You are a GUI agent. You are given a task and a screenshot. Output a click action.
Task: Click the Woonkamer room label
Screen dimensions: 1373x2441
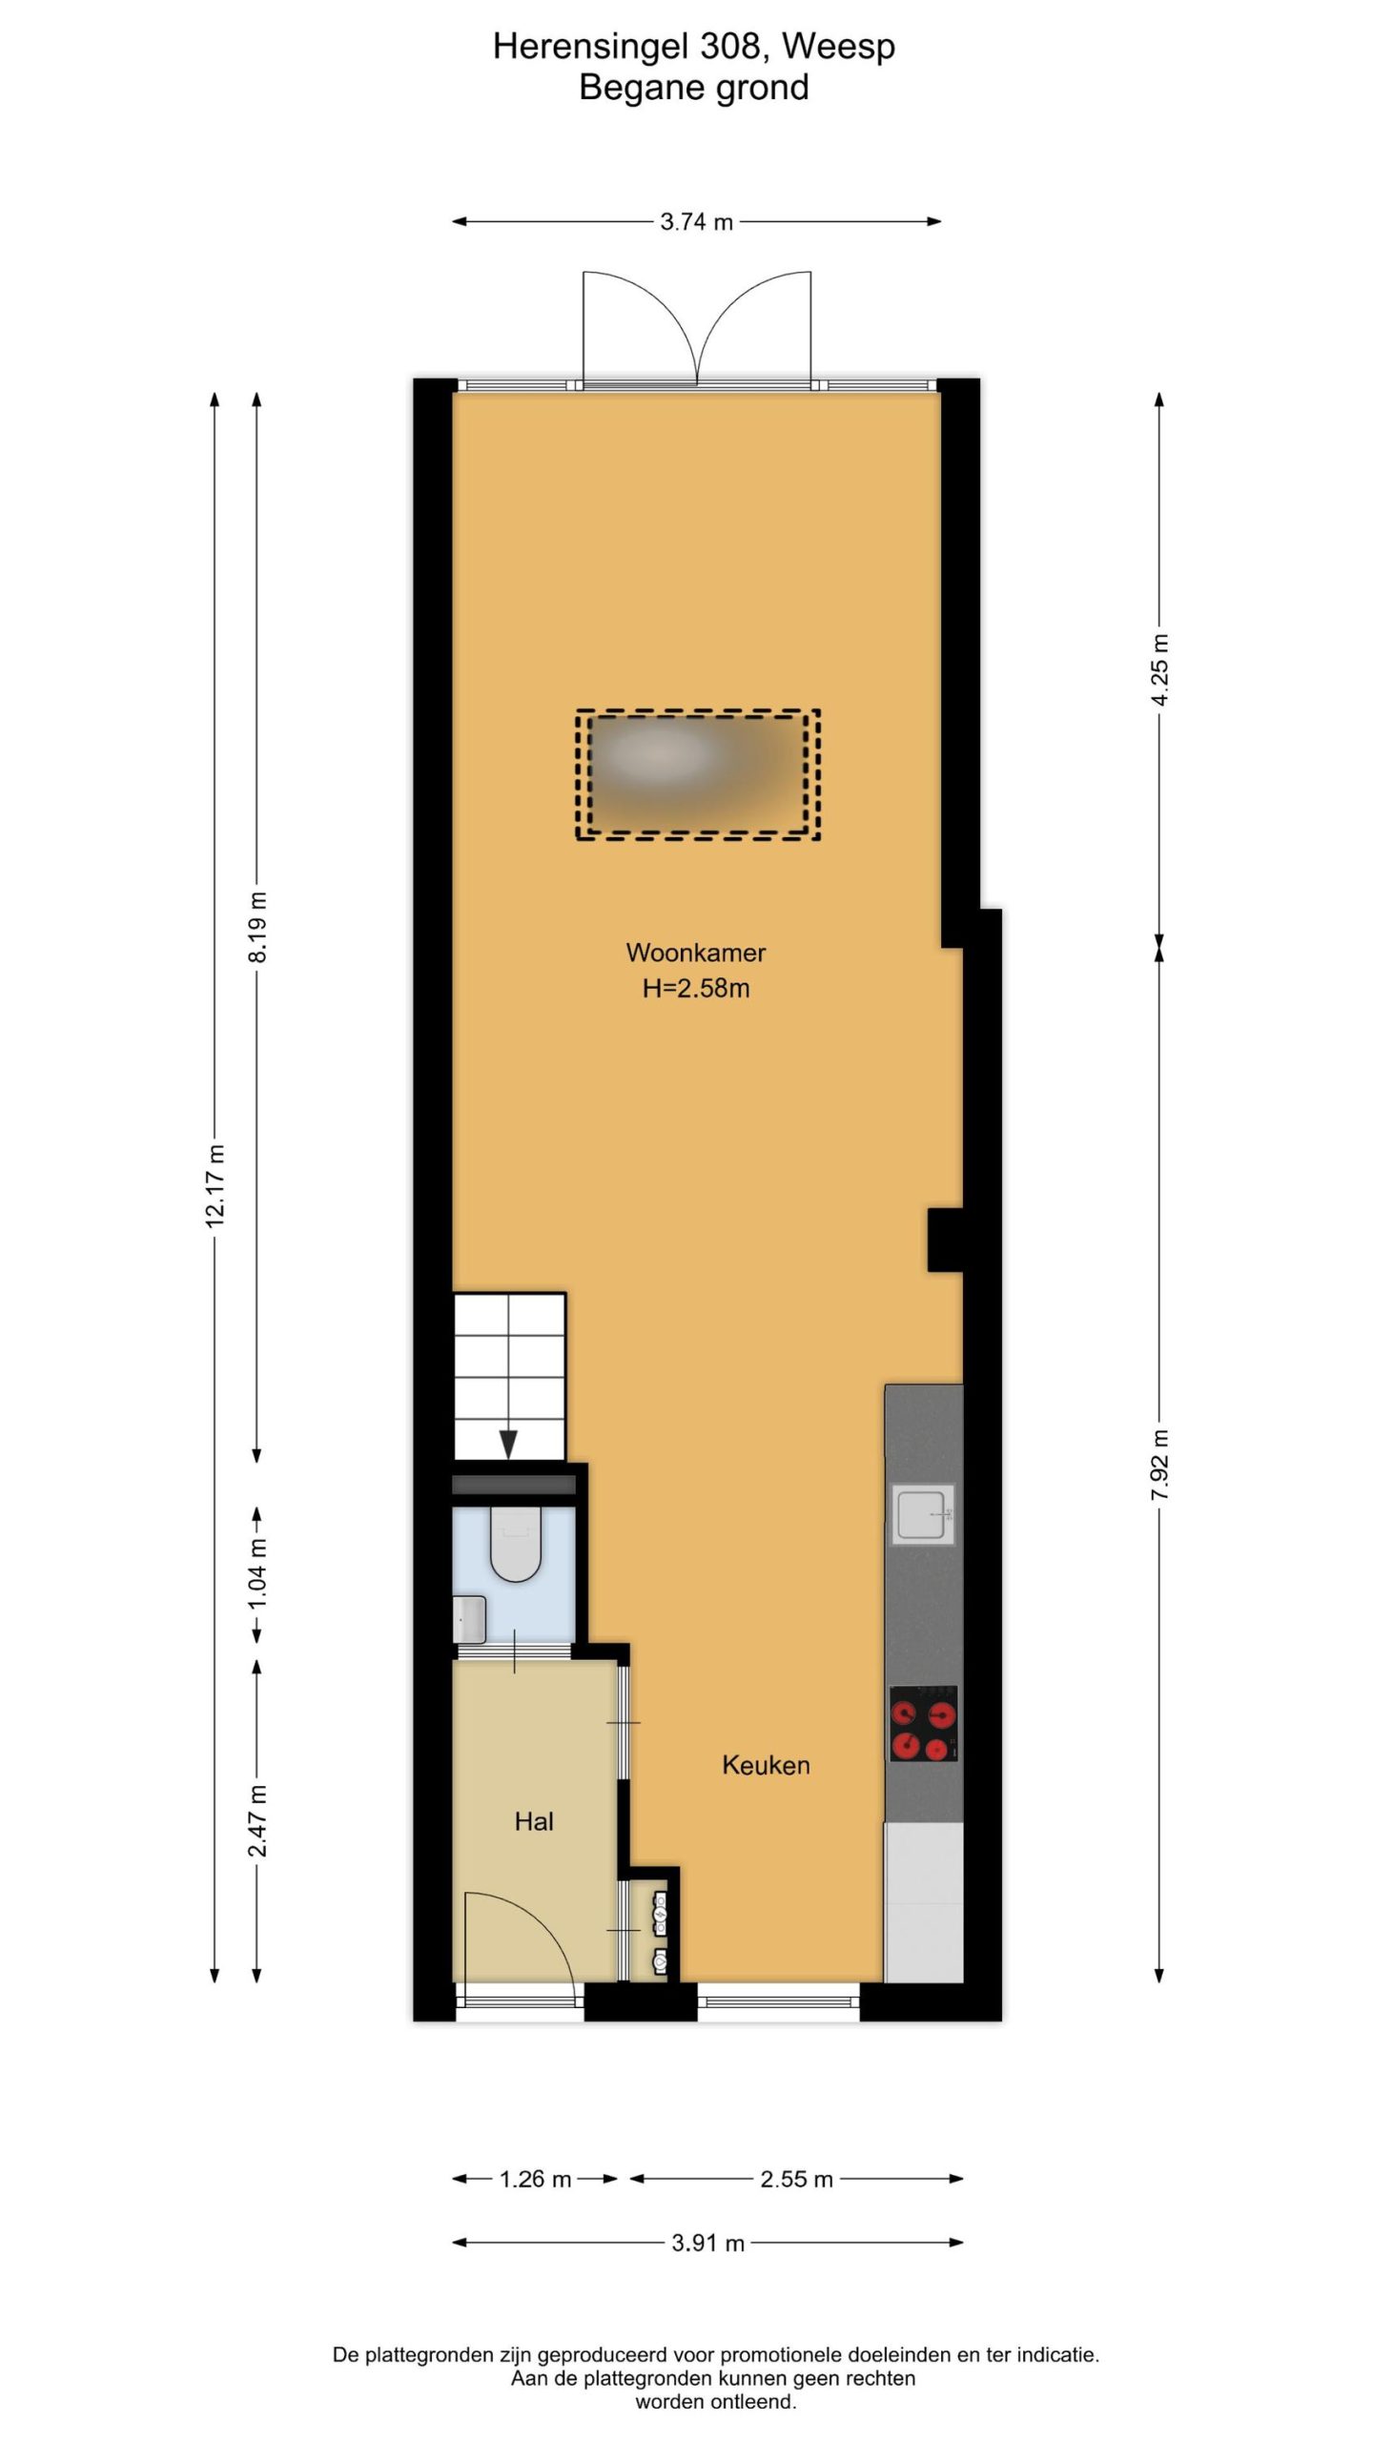coord(695,953)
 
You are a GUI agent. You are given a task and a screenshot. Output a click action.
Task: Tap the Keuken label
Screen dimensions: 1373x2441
coord(766,1765)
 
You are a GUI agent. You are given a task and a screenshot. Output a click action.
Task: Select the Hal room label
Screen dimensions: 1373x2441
coord(534,1821)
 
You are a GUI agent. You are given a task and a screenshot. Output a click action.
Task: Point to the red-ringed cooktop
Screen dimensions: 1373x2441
coord(923,1723)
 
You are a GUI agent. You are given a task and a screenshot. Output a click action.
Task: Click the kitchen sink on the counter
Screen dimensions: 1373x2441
coord(923,1514)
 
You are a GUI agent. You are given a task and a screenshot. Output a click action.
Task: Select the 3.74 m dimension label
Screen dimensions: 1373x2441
coord(696,222)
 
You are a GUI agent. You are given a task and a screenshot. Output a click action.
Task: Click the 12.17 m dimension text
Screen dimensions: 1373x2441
coord(215,1185)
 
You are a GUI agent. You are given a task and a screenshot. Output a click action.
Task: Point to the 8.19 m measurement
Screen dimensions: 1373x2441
coord(257,927)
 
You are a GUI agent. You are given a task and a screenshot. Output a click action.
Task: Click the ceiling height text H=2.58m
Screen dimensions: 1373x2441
coord(696,989)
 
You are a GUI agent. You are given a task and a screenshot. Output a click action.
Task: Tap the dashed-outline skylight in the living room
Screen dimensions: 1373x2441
coord(698,774)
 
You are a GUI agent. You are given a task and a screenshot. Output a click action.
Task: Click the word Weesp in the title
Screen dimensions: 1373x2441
coord(839,47)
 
